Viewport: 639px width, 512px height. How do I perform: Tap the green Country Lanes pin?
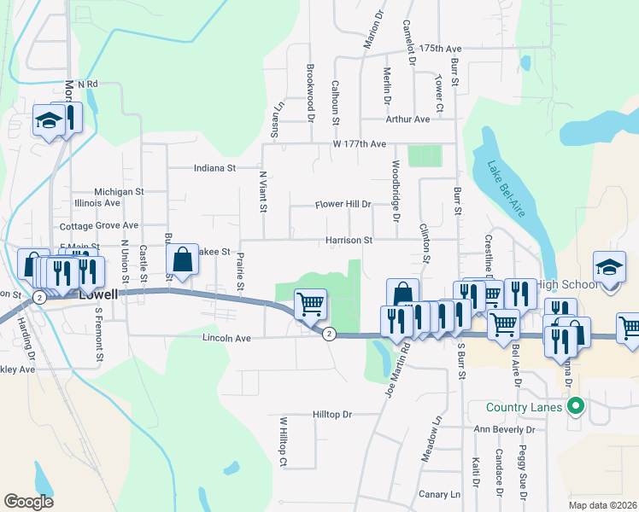tap(576, 406)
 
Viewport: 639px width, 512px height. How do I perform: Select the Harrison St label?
tap(349, 241)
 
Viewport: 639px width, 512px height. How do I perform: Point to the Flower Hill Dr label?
tap(343, 205)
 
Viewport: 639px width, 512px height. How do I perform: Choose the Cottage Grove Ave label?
tap(99, 226)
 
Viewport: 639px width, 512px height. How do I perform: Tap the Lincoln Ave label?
tap(226, 338)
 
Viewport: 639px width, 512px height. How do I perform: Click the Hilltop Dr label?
tap(332, 414)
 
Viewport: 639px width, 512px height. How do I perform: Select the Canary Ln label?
tap(440, 494)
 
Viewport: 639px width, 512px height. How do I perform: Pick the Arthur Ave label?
tap(407, 119)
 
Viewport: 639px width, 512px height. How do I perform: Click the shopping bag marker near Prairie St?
tap(183, 260)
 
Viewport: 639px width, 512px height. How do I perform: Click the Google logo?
tap(28, 502)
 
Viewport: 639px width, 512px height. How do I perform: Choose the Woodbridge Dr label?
tap(396, 191)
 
